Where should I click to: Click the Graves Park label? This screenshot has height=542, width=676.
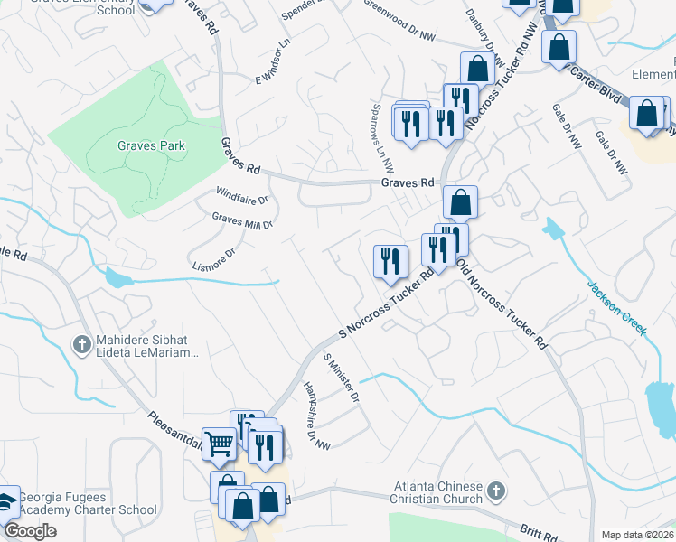(151, 145)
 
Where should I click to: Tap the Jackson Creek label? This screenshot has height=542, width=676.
(618, 307)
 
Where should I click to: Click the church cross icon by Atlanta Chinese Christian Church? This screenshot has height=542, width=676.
(494, 491)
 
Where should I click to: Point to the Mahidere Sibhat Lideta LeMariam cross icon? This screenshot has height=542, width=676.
(81, 343)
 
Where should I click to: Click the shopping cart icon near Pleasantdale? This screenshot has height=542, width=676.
(219, 444)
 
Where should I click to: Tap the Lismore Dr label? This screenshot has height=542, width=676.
(213, 259)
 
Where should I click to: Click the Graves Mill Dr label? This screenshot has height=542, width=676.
(242, 220)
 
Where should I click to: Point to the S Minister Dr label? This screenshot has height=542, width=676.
(343, 378)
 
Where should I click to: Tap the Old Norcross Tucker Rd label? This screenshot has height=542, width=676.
(502, 304)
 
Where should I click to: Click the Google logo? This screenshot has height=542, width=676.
(31, 532)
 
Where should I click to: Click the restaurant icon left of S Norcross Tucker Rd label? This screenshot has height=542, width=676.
(390, 262)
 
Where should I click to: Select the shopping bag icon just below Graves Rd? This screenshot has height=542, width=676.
(461, 202)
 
